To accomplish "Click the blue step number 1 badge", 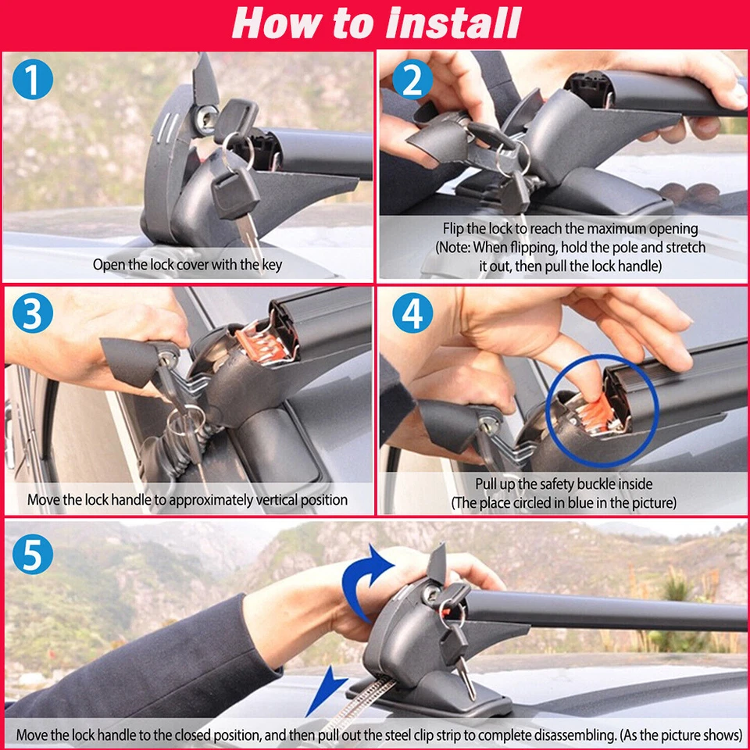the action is pos(33,80).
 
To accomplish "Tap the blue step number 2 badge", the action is pos(412,80).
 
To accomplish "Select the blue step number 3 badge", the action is pos(33,312).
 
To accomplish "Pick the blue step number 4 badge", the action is pos(412,312).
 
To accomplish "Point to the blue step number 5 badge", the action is pos(33,554).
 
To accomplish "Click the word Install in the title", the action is pos(453,23).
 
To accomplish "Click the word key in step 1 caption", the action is pos(272,265).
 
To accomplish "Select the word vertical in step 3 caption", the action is pos(277,500).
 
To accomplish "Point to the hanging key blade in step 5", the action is pos(466,679).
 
